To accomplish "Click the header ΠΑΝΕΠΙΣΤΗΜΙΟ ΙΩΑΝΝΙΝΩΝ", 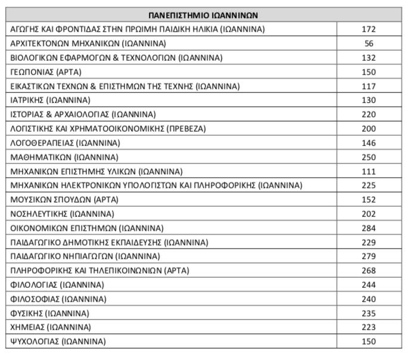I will [x=203, y=15].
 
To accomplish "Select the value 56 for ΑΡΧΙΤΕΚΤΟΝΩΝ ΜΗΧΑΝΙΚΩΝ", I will [x=369, y=44].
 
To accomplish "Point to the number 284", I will [x=369, y=228].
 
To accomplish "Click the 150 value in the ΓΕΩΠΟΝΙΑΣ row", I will [x=369, y=72].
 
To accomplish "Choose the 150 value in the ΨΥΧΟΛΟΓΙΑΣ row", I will [x=369, y=342].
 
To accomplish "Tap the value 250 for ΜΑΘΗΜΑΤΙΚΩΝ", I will [x=369, y=157].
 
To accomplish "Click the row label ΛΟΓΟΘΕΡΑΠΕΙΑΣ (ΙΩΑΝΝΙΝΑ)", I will [x=66, y=143].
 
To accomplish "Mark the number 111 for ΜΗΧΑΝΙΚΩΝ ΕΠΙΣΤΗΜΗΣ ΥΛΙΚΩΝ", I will [x=369, y=171].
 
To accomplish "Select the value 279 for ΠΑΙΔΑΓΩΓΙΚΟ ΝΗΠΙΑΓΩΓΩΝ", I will [x=369, y=256].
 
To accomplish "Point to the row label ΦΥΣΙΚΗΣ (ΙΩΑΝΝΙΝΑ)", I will [x=50, y=314].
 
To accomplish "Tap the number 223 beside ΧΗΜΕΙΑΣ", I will [x=369, y=327].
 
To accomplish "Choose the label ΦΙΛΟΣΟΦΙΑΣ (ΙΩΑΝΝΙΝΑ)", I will [x=58, y=299].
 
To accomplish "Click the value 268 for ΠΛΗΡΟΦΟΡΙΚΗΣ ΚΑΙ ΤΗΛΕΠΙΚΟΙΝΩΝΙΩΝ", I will [x=369, y=271].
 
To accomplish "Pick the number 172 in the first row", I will [x=369, y=29].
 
